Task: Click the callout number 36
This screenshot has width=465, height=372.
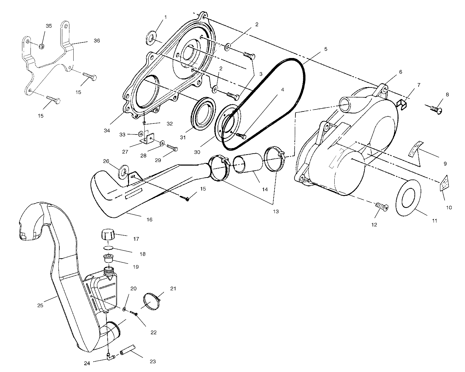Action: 97,41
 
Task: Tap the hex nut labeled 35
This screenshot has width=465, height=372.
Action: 42,46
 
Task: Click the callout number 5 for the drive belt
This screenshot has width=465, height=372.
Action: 326,49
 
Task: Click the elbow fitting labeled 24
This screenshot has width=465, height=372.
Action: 111,357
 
